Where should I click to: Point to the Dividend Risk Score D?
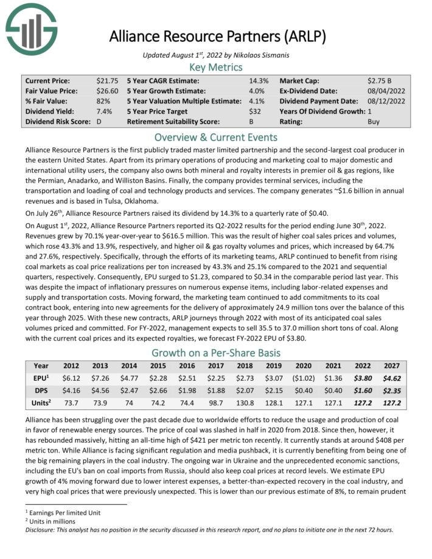[99, 122]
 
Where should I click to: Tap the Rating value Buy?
[374, 122]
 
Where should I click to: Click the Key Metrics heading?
[216, 67]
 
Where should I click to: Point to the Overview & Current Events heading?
[216, 137]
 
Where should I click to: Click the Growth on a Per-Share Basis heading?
[216, 353]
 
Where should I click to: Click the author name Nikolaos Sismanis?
[260, 55]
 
